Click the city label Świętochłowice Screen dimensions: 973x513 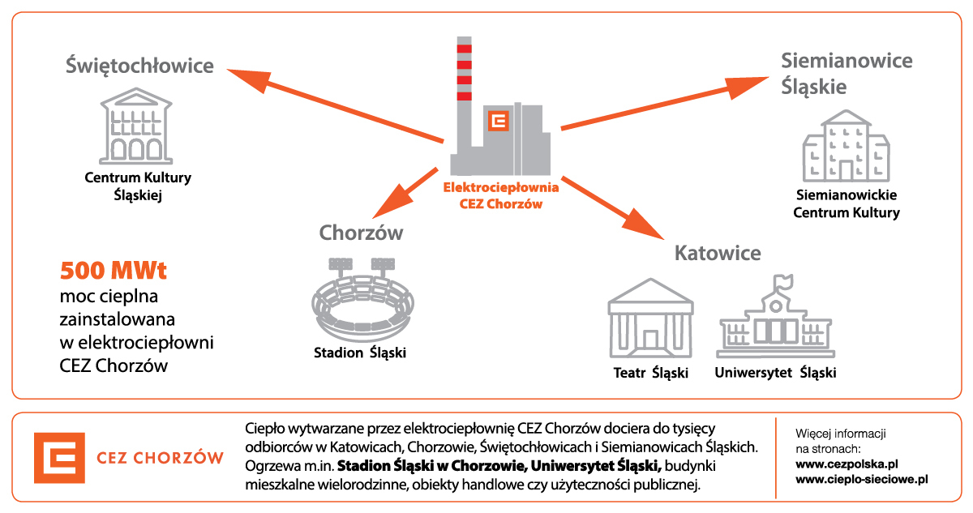(x=139, y=66)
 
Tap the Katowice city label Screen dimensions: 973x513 (x=718, y=253)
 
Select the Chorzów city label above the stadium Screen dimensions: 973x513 (x=361, y=233)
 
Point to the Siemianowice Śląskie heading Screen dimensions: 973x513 (x=847, y=74)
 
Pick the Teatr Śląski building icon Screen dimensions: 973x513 (x=650, y=318)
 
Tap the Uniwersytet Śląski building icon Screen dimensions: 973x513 (x=776, y=316)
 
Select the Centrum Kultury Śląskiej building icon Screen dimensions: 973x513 (x=136, y=126)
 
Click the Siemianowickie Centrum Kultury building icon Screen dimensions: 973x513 (x=846, y=146)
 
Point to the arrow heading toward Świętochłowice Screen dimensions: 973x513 (x=335, y=105)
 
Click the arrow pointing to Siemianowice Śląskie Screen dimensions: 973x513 (x=665, y=103)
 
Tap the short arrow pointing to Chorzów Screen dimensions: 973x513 (x=405, y=193)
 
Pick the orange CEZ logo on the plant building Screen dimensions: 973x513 (x=499, y=121)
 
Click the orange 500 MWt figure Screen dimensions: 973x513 (x=114, y=271)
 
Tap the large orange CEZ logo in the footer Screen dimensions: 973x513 (x=59, y=458)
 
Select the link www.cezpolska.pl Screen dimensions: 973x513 (x=847, y=464)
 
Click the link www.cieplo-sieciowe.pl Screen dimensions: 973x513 (x=862, y=479)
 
